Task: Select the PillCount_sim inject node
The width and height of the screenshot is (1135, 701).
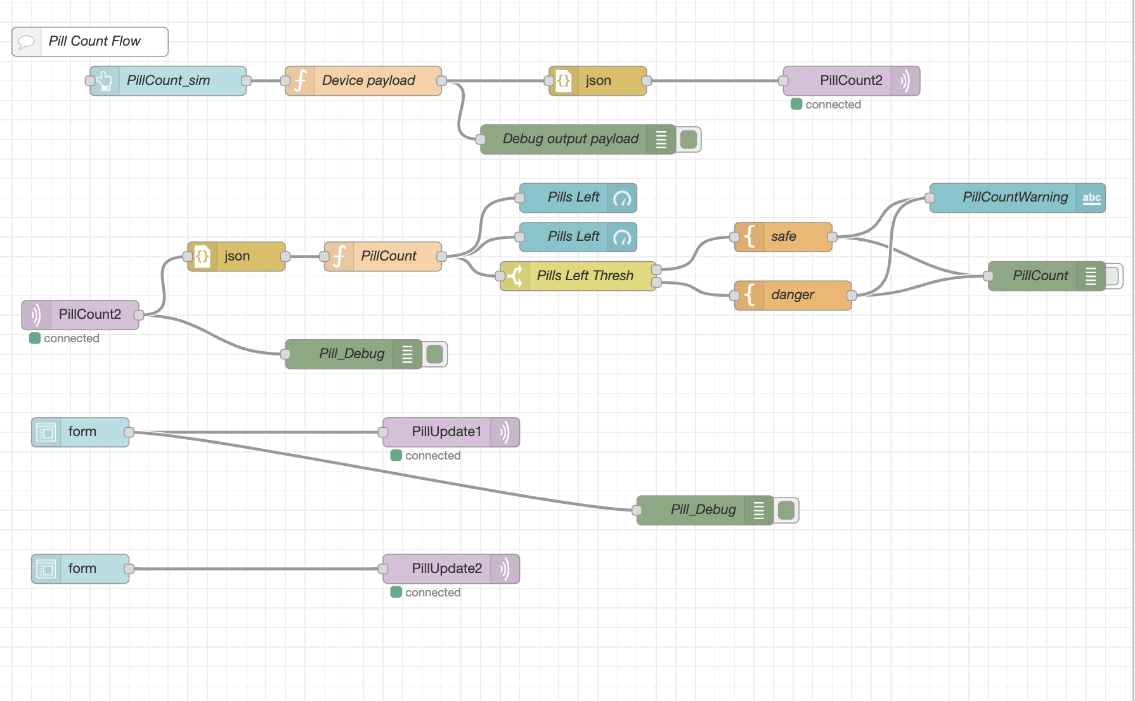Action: point(168,81)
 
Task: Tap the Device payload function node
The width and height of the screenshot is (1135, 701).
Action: point(368,81)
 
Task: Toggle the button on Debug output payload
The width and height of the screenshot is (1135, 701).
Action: point(689,139)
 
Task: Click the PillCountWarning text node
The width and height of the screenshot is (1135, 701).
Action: point(1015,198)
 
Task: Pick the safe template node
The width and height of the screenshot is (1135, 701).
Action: point(784,237)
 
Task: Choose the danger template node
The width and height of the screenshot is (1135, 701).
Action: point(793,295)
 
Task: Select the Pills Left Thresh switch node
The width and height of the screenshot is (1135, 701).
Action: point(584,276)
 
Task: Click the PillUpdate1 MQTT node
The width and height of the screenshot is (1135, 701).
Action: point(446,432)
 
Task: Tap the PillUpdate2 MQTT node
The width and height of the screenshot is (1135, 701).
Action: point(446,569)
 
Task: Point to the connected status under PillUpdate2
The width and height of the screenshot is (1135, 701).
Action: point(432,593)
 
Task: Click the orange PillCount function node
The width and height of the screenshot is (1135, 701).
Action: point(387,257)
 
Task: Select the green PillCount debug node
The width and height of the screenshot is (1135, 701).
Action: point(1040,276)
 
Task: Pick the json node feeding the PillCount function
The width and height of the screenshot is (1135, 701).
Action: point(237,257)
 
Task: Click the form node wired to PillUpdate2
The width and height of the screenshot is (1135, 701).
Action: point(81,569)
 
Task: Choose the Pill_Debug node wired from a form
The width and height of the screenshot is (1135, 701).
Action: point(703,510)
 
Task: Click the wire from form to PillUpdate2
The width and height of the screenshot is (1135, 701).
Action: point(254,569)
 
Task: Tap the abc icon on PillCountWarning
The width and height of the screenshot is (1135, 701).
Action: point(1091,198)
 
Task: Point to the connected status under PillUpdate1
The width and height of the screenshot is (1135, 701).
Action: point(432,456)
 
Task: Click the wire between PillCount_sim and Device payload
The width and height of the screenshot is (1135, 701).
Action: point(266,81)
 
